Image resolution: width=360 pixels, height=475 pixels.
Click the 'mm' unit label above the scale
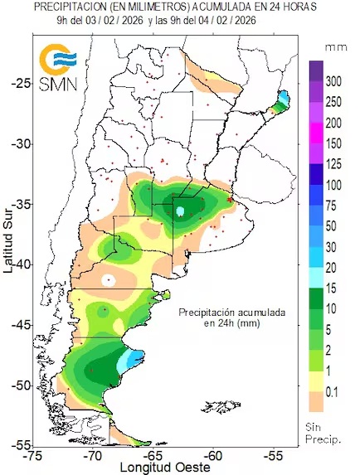pyautogui.click(x=334, y=46)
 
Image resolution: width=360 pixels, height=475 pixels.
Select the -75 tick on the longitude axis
pyautogui.click(x=32, y=455)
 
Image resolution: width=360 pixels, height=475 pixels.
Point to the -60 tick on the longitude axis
pyautogui.click(x=213, y=455)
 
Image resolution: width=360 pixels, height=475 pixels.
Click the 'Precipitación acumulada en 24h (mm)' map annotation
pyautogui.click(x=233, y=318)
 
